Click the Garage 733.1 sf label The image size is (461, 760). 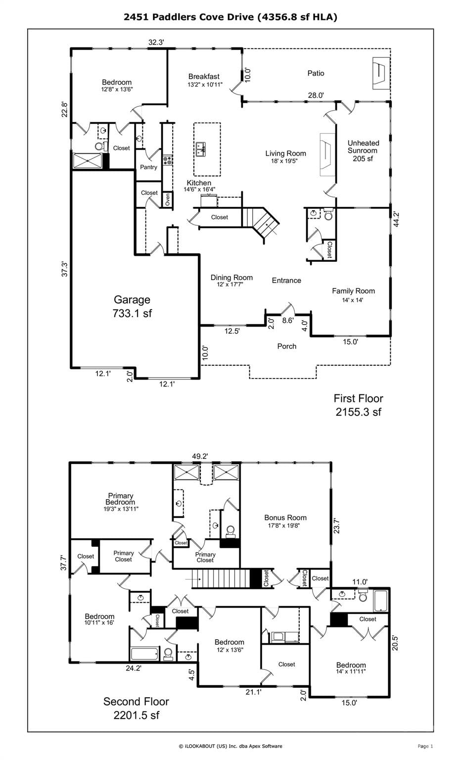[132, 306]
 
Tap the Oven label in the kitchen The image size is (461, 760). [168, 199]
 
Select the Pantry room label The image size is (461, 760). [148, 167]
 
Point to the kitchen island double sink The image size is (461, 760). [200, 149]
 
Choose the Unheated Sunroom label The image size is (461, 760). [363, 150]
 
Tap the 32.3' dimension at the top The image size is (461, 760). [156, 43]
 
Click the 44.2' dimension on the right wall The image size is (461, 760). [396, 219]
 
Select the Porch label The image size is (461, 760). [286, 346]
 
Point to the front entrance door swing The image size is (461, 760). [288, 308]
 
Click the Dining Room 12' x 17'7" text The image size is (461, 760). [231, 280]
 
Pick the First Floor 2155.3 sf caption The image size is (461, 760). [358, 405]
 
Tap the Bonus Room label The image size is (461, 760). [285, 521]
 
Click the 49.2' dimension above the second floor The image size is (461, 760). [200, 456]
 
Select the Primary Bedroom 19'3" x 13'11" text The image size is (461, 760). [121, 502]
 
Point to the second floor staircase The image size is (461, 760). [221, 579]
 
